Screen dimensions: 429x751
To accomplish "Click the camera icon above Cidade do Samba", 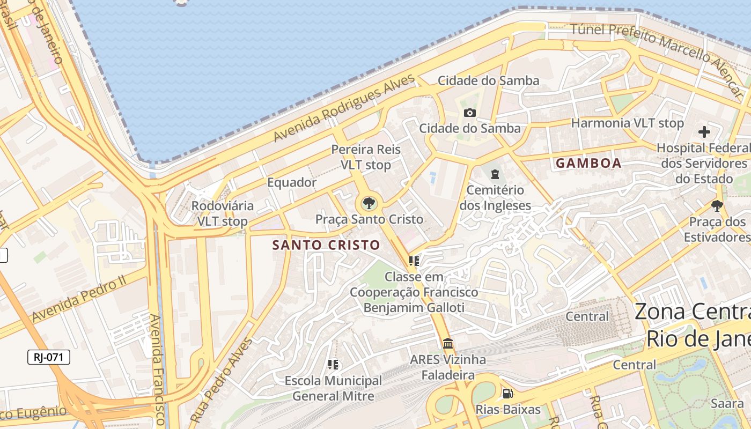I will (x=470, y=113).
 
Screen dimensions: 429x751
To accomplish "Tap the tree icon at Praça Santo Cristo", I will (x=369, y=203).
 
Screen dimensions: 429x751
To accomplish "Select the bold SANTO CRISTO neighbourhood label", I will (x=326, y=245).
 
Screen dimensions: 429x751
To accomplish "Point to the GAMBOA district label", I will (x=588, y=163).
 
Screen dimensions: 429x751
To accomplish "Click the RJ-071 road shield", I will (x=49, y=357).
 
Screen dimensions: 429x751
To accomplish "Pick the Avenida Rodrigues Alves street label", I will (x=344, y=108).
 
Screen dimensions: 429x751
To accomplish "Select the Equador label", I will (x=292, y=182).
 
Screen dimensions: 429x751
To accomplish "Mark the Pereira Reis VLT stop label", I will (x=366, y=157).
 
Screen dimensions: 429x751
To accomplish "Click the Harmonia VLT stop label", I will (x=627, y=123).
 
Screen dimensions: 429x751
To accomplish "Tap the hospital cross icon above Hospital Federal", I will (x=704, y=132).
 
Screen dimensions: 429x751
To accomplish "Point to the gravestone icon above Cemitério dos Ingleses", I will (x=494, y=174).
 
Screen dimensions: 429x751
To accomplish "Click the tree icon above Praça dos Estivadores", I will (x=717, y=205).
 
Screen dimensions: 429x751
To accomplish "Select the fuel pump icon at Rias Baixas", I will (x=507, y=394).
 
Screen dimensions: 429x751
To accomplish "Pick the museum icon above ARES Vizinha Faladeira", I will (x=448, y=343).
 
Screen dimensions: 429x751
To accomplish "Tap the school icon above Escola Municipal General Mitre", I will (x=333, y=365).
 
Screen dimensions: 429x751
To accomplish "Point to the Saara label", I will (x=727, y=404).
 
